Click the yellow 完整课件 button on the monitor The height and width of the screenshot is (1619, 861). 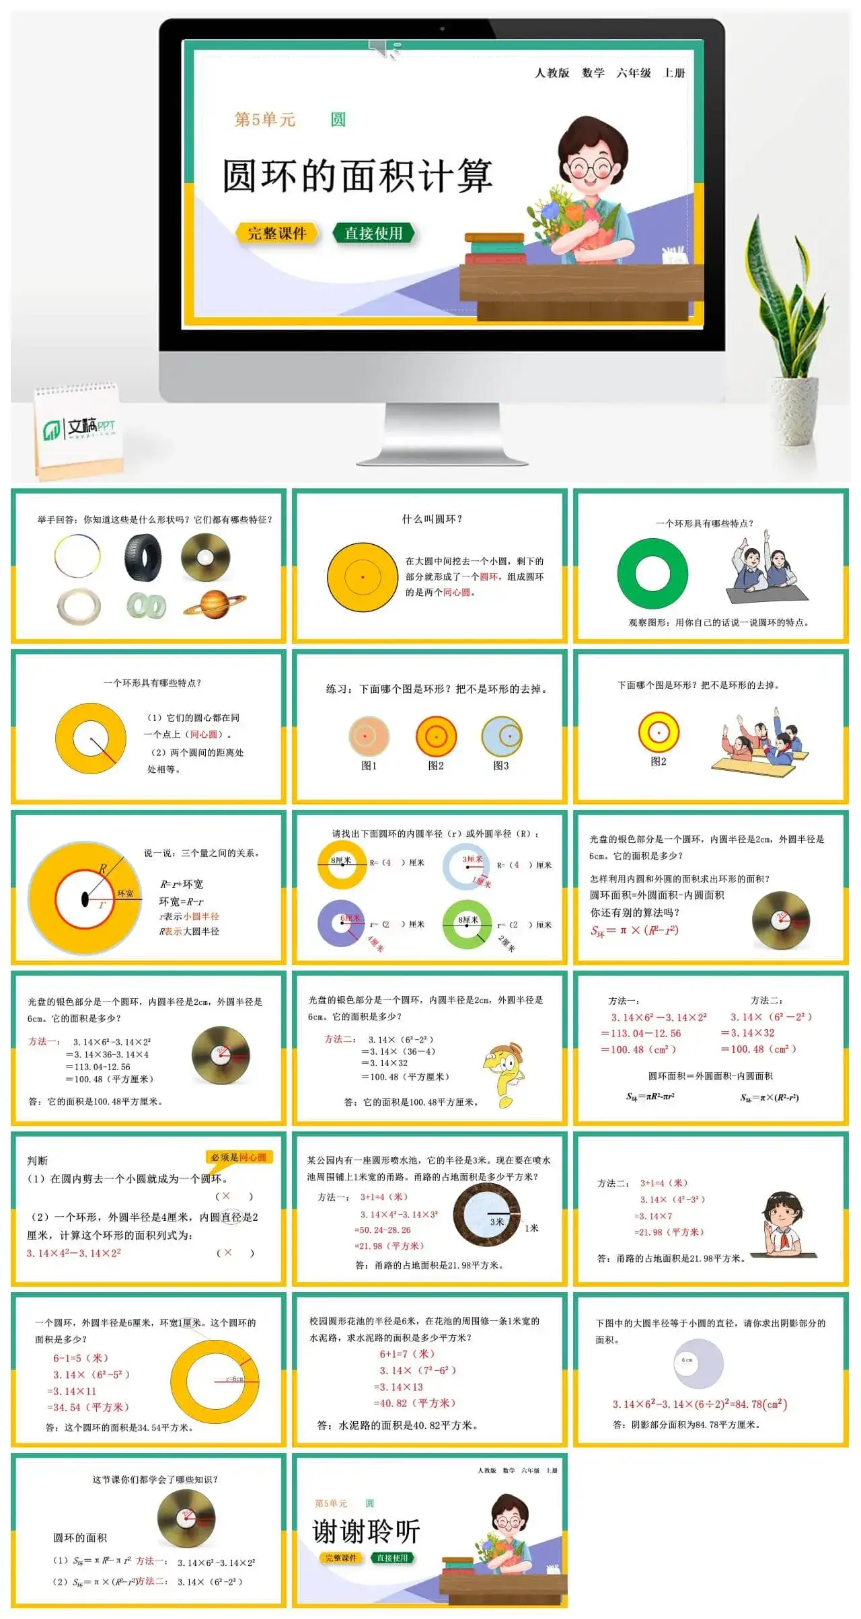[276, 233]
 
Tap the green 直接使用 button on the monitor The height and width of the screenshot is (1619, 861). [373, 233]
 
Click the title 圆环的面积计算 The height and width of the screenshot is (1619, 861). [357, 176]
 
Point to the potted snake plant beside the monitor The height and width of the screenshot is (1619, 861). [793, 323]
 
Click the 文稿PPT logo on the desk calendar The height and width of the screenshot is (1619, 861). [79, 428]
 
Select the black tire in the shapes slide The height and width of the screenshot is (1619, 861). [143, 557]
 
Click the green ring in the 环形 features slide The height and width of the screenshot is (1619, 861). [652, 574]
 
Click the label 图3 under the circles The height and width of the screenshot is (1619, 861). [501, 765]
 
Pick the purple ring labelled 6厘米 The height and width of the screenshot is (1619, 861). [341, 923]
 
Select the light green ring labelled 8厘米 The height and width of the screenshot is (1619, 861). [467, 924]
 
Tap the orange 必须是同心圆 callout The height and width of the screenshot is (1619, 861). [239, 1157]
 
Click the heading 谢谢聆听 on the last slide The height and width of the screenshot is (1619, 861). [367, 1532]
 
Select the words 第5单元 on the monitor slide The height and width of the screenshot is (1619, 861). [264, 120]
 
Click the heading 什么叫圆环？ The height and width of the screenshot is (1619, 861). [432, 519]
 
